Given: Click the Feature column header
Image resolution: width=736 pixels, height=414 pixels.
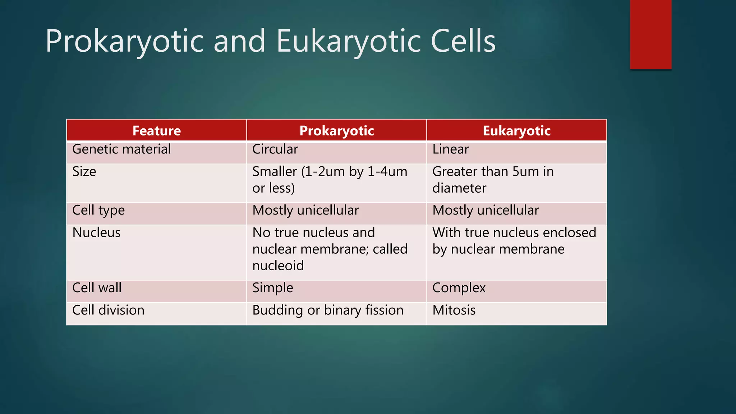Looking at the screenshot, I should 156,131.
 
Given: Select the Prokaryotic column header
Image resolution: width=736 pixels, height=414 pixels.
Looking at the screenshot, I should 336,131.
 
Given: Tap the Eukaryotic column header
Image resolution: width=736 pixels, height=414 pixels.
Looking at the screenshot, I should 516,131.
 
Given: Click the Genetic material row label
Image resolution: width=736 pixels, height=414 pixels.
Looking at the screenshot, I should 121,149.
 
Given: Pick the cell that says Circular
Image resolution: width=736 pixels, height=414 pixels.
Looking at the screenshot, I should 275,149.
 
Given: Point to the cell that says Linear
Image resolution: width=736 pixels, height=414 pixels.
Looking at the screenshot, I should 451,149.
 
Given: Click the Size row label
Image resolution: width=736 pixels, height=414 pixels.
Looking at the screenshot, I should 84,172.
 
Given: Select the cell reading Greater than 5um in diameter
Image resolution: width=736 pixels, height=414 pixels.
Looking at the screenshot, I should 493,180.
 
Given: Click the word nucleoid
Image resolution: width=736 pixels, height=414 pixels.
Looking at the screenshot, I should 278,266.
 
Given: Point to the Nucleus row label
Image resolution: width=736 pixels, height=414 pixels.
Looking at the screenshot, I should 96,233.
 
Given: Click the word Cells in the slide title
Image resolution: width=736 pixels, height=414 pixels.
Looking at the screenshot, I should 463,41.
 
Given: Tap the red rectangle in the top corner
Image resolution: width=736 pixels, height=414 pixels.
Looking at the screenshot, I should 650,34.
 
